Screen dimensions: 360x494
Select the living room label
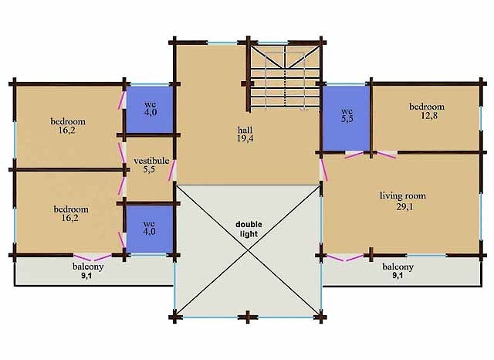[402, 195]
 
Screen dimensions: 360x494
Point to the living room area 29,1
[402, 206]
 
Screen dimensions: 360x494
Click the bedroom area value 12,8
[426, 117]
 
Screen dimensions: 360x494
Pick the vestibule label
[151, 161]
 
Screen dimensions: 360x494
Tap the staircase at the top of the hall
[284, 77]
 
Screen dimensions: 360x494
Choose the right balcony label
[398, 267]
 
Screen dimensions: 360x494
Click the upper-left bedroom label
[68, 121]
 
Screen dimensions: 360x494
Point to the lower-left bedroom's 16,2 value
[69, 219]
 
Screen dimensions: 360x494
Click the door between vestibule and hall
[174, 172]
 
